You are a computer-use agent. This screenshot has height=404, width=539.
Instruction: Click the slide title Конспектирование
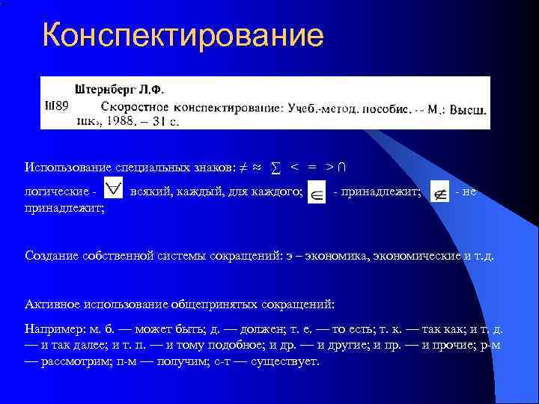click(183, 36)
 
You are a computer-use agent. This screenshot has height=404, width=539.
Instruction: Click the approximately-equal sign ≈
click(256, 166)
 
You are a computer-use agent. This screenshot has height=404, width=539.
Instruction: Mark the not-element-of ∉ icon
click(439, 194)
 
